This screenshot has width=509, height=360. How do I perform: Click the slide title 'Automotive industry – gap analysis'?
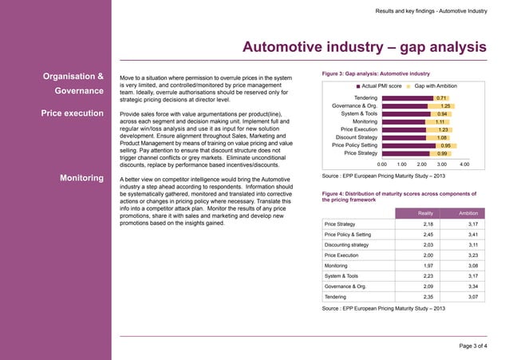click(x=364, y=47)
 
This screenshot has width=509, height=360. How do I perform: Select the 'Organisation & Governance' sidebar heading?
click(x=72, y=84)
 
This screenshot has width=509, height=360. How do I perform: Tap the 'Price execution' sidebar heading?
click(x=72, y=113)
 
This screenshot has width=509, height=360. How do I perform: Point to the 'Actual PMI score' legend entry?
click(x=378, y=85)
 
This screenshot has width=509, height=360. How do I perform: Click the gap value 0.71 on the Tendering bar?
click(x=440, y=98)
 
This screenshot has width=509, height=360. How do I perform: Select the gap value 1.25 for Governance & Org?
click(x=446, y=106)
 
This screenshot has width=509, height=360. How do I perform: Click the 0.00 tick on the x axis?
click(x=382, y=164)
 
